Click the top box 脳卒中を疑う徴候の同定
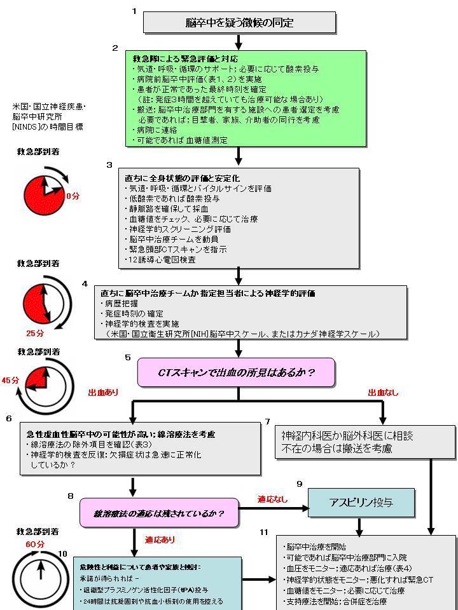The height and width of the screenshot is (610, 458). coord(239,22)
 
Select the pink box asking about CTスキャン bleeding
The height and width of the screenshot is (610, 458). coord(236,372)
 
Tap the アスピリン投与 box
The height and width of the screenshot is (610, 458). coord(361,503)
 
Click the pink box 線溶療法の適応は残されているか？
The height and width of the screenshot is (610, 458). coord(158,512)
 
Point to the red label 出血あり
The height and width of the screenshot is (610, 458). coord(103,393)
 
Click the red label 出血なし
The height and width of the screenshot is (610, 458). coord(383,393)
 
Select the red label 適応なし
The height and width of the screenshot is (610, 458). coord(272,499)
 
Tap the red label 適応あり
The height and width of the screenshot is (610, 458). coord(160,540)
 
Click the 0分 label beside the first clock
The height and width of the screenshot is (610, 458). coord(73,196)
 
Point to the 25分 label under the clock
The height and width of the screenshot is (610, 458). coord(35,332)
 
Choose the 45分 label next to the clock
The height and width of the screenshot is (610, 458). coord(10,380)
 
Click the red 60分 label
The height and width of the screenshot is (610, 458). coord(35,545)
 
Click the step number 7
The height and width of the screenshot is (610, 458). coord(268,421)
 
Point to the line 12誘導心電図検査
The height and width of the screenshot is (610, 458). coord(162,259)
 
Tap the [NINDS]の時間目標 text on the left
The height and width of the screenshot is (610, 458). coord(48,127)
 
